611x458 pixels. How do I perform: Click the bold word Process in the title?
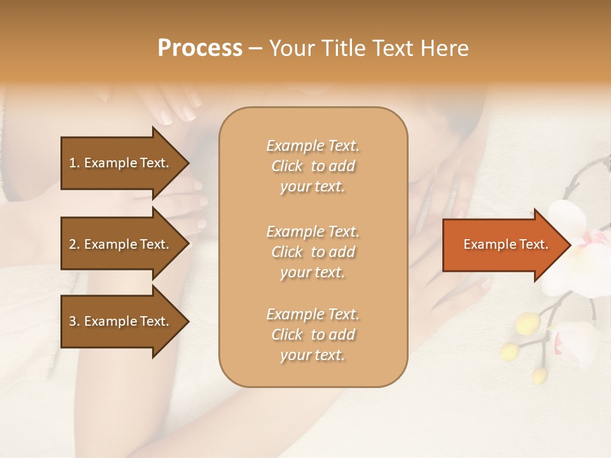200,48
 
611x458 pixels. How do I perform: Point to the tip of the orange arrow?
570,245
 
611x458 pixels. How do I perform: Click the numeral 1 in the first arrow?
73,163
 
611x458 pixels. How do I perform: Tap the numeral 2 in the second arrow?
73,244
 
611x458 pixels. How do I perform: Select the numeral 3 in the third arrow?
73,321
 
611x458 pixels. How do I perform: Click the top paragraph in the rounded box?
313,166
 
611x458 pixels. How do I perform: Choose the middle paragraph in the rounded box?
313,252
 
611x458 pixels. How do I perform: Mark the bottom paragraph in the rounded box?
313,335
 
